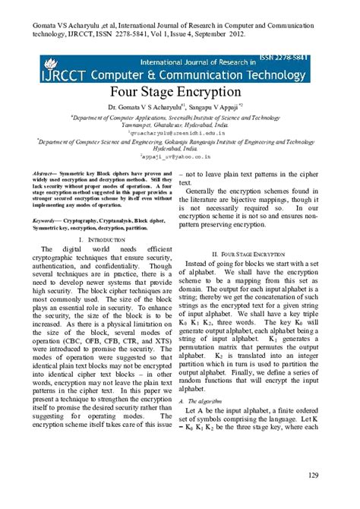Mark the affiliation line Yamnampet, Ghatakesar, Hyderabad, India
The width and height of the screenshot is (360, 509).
click(x=179, y=125)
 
